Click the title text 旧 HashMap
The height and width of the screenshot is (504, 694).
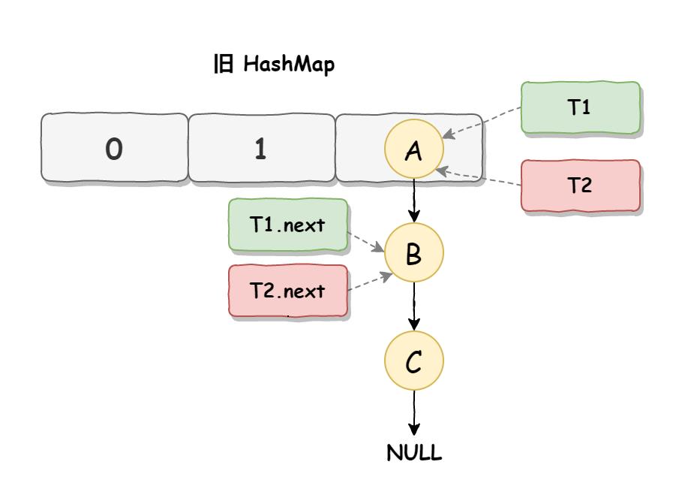274,65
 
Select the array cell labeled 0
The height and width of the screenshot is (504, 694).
114,149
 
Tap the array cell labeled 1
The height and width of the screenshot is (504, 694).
260,149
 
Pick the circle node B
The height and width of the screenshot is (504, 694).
413,254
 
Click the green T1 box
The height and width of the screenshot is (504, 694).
580,107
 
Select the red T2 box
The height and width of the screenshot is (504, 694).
580,186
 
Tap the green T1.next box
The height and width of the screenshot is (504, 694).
288,225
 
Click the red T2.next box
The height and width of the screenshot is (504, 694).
288,291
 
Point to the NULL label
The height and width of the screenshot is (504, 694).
414,454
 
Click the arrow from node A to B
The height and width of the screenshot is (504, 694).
413,201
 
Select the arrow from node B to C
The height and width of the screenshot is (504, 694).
413,306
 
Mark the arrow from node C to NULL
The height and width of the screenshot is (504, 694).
413,412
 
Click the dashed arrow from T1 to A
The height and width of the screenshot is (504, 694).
482,122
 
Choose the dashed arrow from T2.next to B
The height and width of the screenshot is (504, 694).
368,282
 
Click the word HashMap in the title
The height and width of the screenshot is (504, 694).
289,65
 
